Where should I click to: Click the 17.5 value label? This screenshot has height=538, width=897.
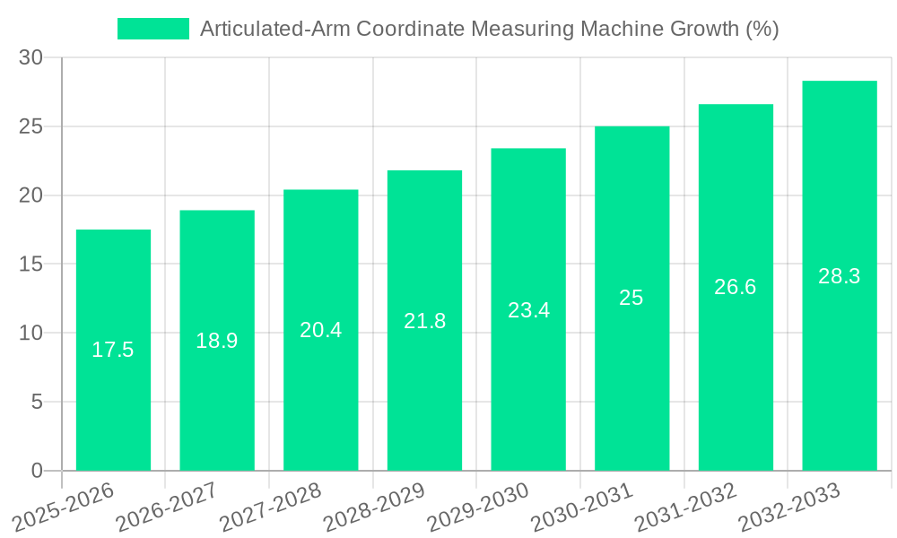(x=113, y=350)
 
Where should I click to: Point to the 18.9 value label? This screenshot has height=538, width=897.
(x=217, y=341)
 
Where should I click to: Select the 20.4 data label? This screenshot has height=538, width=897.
(x=320, y=330)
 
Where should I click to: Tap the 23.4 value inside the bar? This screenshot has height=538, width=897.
(x=528, y=310)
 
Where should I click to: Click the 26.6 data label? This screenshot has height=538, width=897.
(x=736, y=287)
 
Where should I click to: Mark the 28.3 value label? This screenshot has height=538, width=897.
(x=840, y=276)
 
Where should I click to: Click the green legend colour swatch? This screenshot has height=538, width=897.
(x=153, y=29)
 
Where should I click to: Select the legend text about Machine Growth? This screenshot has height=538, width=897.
(x=489, y=29)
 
